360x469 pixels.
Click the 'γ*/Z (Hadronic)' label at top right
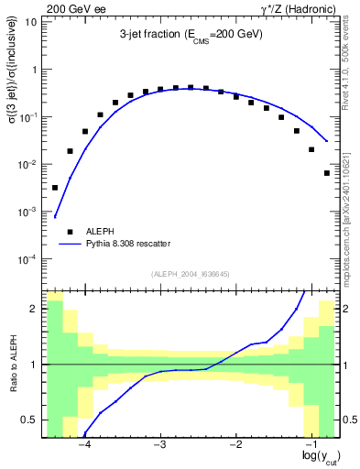[x=299, y=8]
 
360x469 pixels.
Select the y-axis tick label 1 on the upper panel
[x=35, y=70]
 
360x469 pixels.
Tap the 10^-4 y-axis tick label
[x=28, y=259]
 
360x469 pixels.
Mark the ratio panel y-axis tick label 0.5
[x=30, y=420]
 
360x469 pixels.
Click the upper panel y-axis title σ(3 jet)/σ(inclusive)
[x=12, y=85]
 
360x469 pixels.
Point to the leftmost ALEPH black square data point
[x=55, y=188]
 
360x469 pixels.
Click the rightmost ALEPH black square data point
[x=327, y=173]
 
